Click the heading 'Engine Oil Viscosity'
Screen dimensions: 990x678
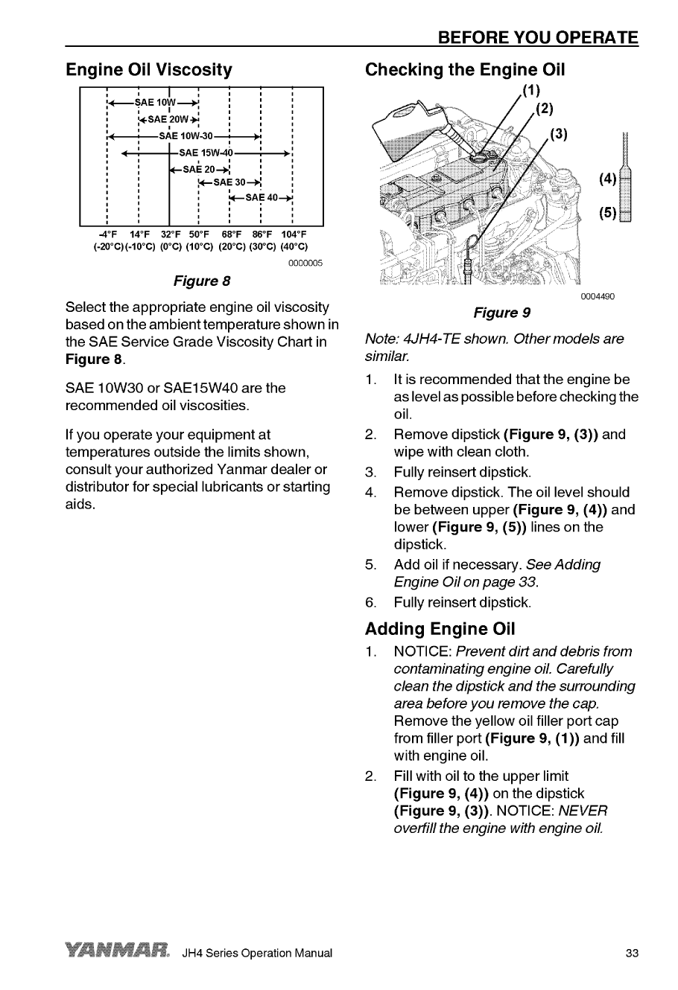[149, 70]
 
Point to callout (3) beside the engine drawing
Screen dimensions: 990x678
[559, 134]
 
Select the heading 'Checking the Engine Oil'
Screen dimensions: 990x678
[465, 70]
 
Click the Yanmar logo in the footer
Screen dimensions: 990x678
[119, 953]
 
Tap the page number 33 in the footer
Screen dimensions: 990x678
[632, 954]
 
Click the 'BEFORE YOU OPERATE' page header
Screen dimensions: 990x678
[538, 37]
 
